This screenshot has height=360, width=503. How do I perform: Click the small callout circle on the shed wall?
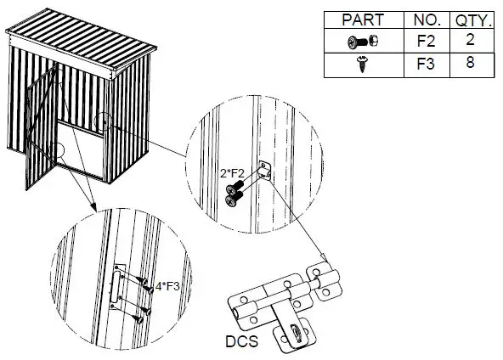tap(101, 120)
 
